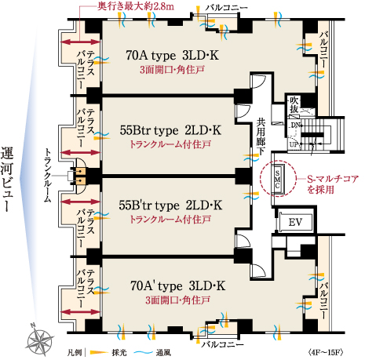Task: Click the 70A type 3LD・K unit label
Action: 177,56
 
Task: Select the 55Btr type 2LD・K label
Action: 170,129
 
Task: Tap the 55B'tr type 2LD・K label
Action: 170,205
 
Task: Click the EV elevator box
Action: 295,221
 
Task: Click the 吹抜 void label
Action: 294,104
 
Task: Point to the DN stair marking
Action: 295,125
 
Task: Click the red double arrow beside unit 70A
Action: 81,42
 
